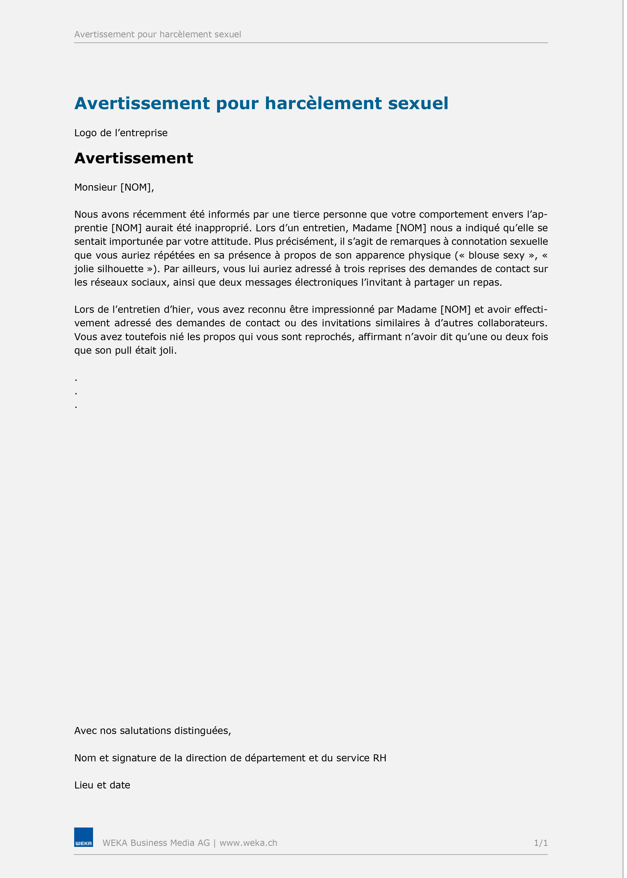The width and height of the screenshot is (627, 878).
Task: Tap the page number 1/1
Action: (540, 843)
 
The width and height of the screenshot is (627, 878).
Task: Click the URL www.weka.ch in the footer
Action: (248, 843)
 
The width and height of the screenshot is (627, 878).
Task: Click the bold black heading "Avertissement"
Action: (134, 158)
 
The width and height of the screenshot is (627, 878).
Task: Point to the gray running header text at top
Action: (158, 34)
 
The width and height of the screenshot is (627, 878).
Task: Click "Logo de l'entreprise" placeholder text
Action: (121, 133)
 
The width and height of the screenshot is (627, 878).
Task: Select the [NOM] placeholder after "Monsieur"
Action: (136, 187)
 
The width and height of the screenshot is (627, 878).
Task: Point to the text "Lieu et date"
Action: (102, 785)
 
